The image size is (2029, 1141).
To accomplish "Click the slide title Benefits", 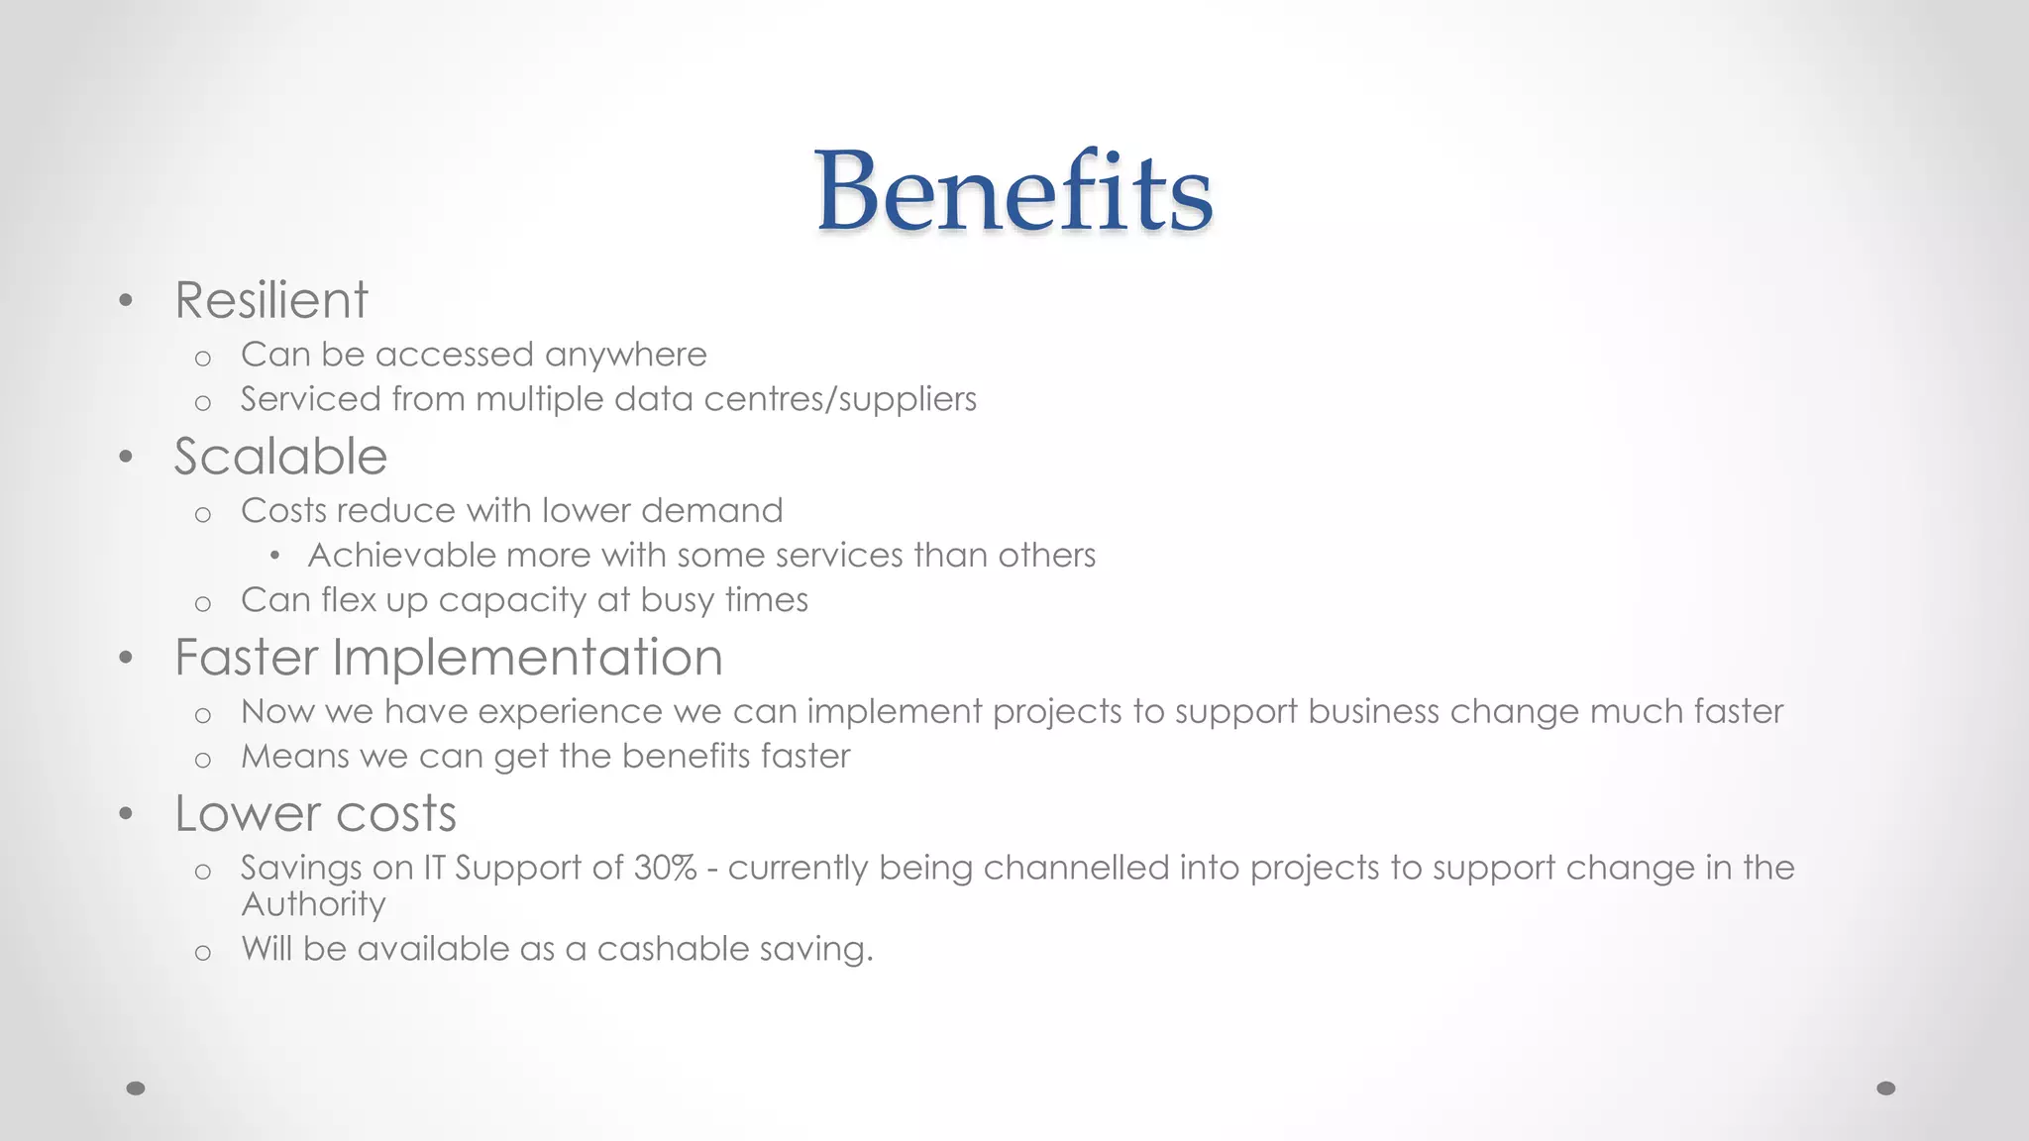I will (1014, 191).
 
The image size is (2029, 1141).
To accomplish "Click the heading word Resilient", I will (271, 300).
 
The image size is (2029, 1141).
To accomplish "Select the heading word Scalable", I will (280, 457).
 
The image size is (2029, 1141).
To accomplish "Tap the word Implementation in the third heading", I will (527, 658).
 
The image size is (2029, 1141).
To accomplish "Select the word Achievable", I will (401, 556).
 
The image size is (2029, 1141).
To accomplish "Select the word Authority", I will (313, 904).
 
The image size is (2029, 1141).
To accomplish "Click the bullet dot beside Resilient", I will (125, 300).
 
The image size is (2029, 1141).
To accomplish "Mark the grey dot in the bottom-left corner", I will (136, 1089).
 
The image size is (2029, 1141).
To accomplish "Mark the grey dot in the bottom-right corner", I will (1886, 1089).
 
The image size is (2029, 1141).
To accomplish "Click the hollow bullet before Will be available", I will (203, 953).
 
